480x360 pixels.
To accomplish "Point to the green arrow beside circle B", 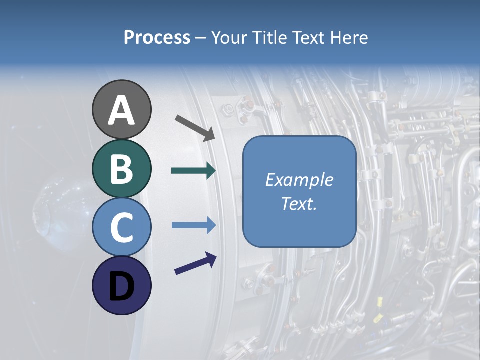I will click(x=193, y=171).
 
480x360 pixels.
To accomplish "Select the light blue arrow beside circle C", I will click(x=193, y=225).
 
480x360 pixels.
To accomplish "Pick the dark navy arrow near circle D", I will click(x=195, y=263).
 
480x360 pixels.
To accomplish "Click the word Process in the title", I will click(x=157, y=38).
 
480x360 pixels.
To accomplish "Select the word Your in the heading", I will click(x=228, y=38).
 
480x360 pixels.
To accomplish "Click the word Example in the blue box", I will click(x=299, y=180).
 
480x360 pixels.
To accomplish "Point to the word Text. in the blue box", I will click(x=299, y=203).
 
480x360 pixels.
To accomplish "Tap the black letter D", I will click(x=122, y=287).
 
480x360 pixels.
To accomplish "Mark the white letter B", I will click(x=122, y=169).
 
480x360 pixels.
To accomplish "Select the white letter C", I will click(x=122, y=228).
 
